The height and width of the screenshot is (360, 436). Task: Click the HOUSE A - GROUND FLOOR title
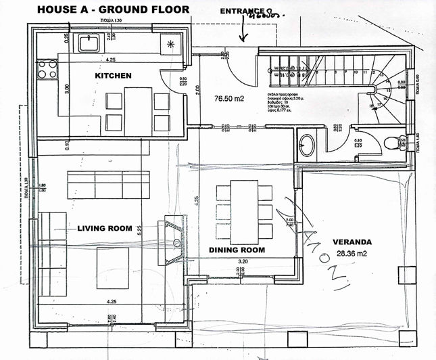(x=113, y=9)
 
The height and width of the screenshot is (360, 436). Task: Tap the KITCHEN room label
(x=113, y=76)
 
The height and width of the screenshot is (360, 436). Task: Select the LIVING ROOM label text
(x=104, y=229)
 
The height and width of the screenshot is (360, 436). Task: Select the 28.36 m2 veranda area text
(x=354, y=256)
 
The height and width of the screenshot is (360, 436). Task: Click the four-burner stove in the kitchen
(x=47, y=68)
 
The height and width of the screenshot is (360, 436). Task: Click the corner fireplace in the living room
(x=172, y=241)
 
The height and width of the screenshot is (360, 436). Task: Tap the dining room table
(x=243, y=212)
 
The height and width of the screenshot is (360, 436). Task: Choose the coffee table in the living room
(x=112, y=268)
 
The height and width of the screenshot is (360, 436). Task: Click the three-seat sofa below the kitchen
(x=108, y=184)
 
